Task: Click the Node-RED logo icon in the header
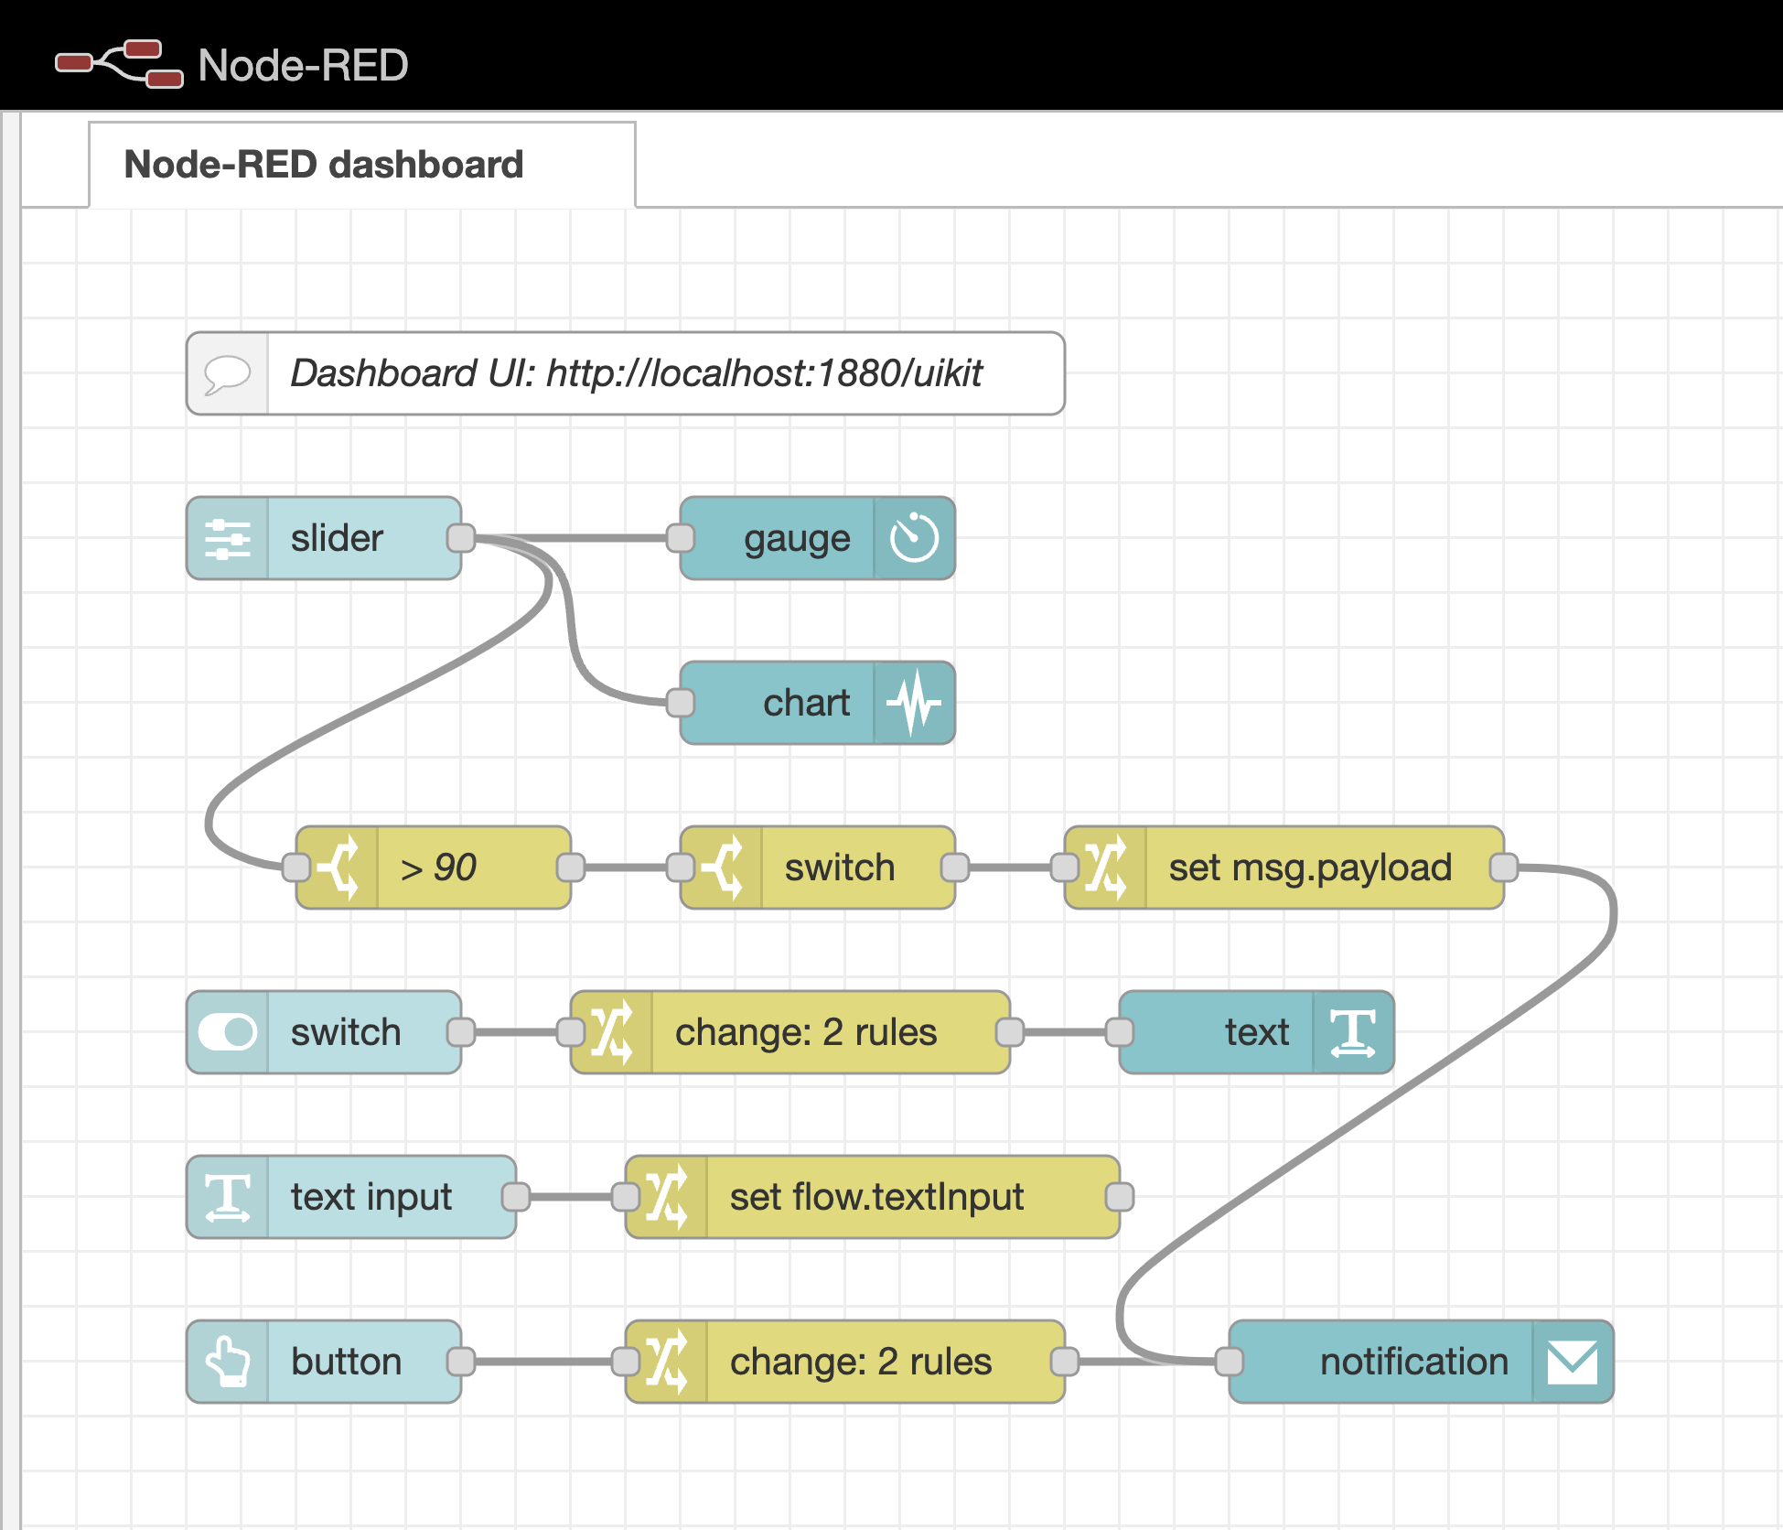(x=119, y=64)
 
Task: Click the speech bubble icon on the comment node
(x=227, y=373)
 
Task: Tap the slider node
(x=337, y=538)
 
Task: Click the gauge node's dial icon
(x=914, y=538)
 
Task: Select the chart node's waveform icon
(x=914, y=703)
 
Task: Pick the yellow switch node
(x=838, y=867)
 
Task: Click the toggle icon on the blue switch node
(x=227, y=1032)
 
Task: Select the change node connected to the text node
(x=805, y=1032)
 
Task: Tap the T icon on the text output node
(x=1353, y=1032)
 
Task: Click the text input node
(x=371, y=1197)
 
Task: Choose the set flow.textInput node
(x=876, y=1197)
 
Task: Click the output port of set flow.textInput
(x=1120, y=1197)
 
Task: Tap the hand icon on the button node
(x=227, y=1362)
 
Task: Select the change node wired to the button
(x=860, y=1362)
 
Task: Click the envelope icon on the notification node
(x=1573, y=1362)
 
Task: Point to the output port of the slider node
(x=461, y=538)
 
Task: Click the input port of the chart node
(x=681, y=703)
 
